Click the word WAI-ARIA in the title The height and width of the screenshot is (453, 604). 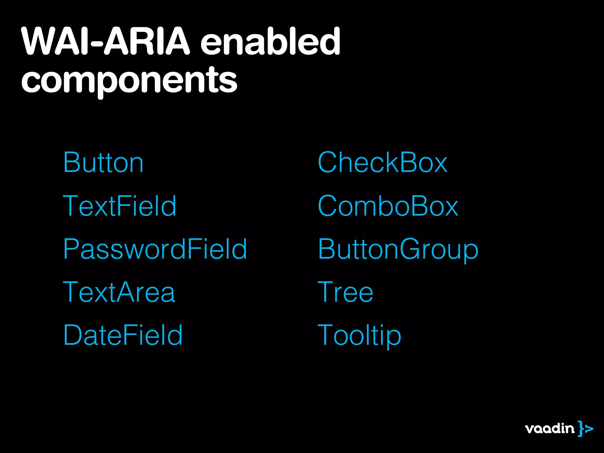(106, 41)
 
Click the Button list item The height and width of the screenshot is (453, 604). (103, 163)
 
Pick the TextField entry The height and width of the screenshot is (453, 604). (119, 206)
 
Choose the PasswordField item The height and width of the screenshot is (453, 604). (155, 249)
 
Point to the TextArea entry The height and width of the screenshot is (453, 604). (119, 292)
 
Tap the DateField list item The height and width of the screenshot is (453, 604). (123, 335)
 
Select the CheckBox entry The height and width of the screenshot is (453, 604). (383, 163)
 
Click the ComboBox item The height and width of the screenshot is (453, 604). (388, 206)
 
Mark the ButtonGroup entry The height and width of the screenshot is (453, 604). (398, 249)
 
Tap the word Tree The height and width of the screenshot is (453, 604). (345, 292)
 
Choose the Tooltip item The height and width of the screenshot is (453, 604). (359, 335)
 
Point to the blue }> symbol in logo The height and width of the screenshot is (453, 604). (585, 429)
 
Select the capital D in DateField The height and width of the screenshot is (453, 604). (72, 335)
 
